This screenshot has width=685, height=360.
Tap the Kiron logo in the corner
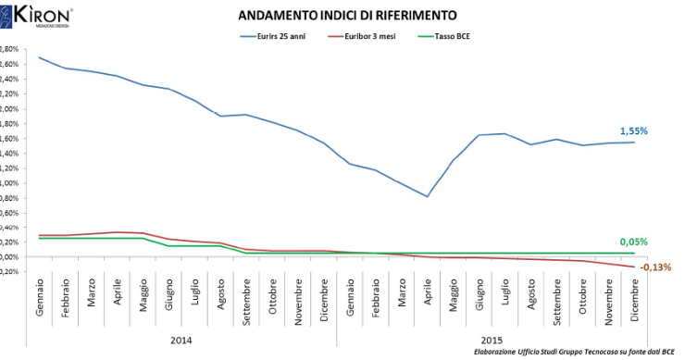click(37, 16)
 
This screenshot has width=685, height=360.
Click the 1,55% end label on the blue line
click(634, 131)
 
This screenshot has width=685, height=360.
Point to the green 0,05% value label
click(634, 242)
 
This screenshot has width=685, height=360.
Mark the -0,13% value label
click(655, 267)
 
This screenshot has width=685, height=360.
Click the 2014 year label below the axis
click(181, 341)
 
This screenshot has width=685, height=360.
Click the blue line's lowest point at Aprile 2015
click(427, 196)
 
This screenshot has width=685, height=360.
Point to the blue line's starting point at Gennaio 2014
click(40, 57)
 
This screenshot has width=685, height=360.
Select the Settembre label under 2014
click(247, 302)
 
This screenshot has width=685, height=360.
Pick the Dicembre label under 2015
click(634, 301)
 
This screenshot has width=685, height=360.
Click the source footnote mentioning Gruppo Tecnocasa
click(574, 353)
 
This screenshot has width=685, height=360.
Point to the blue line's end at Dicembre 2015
click(634, 142)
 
